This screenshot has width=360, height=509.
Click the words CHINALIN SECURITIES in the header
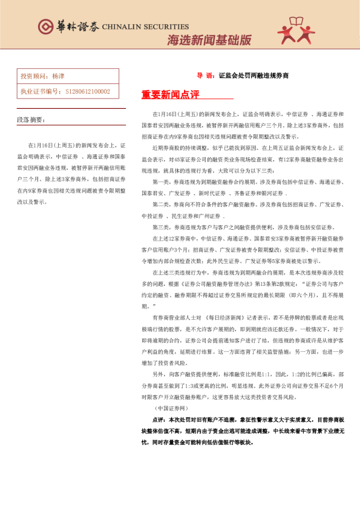145,27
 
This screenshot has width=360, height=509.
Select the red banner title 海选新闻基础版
209,41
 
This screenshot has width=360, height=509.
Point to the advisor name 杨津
58,77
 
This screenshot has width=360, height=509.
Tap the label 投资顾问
33,77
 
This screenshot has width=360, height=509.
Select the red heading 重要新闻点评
170,95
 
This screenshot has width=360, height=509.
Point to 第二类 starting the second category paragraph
162,204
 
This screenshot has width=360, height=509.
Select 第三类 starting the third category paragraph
162,227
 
